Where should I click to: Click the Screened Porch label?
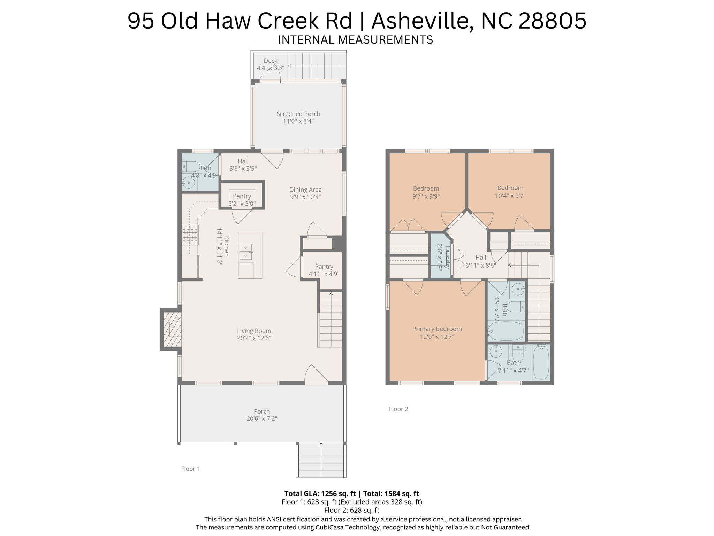[x=298, y=114]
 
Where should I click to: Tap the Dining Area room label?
[x=305, y=189]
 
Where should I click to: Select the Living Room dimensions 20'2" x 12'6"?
[x=254, y=338]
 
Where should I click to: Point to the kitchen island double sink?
[x=245, y=252]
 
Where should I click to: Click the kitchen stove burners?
[x=190, y=235]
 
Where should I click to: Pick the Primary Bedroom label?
[x=437, y=329]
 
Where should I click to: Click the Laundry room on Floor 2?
[x=441, y=256]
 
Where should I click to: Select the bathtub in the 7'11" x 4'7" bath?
[x=541, y=362]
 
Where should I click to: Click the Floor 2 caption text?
[x=398, y=409]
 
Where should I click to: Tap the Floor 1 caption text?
[x=190, y=469]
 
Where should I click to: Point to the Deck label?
[x=271, y=61]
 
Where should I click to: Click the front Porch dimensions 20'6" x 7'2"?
[x=262, y=419]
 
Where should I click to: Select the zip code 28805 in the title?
[x=553, y=21]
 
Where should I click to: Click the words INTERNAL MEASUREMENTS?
[x=355, y=40]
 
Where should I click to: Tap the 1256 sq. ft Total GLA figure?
[x=338, y=493]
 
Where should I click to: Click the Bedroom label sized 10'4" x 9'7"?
[x=510, y=188]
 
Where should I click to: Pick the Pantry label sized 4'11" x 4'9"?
[x=324, y=267]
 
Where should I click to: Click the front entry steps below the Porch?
[x=321, y=460]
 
